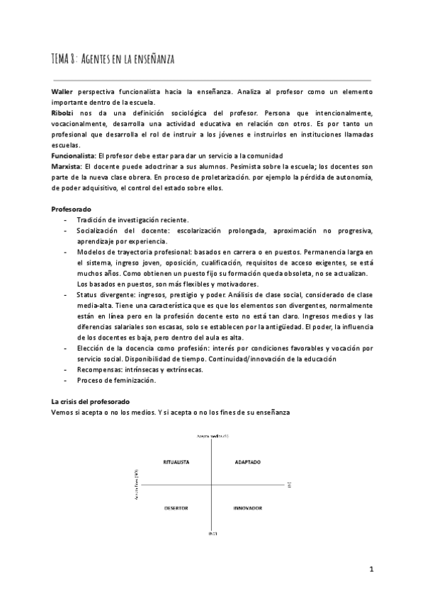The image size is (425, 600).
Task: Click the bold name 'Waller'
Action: click(x=64, y=93)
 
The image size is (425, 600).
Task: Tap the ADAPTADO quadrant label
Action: click(x=247, y=462)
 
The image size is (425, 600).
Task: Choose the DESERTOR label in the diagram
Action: click(x=176, y=507)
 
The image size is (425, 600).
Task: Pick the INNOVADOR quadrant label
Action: click(x=247, y=507)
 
